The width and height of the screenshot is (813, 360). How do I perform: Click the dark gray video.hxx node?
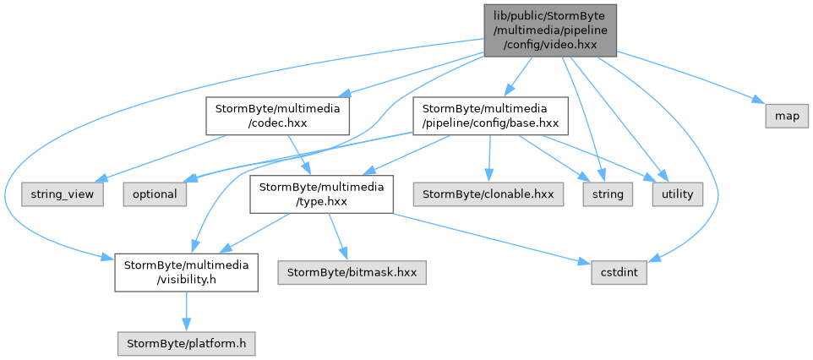pyautogui.click(x=550, y=30)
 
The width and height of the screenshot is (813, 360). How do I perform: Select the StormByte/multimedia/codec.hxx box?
pyautogui.click(x=277, y=116)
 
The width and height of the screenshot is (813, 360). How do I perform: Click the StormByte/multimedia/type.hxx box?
pyautogui.click(x=321, y=194)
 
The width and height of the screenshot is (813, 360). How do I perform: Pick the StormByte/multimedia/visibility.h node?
pyautogui.click(x=186, y=272)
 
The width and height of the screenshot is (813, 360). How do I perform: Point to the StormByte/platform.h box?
pyautogui.click(x=186, y=343)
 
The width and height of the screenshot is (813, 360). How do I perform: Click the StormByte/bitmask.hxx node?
pyautogui.click(x=352, y=273)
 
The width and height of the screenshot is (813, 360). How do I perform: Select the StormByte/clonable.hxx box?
pyautogui.click(x=488, y=194)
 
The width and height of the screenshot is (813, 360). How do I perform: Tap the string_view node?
pyautogui.click(x=63, y=194)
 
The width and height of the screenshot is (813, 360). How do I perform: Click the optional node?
pyautogui.click(x=155, y=194)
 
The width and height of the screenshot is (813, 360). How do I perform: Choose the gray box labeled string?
pyautogui.click(x=608, y=194)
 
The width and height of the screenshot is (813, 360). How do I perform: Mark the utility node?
pyautogui.click(x=678, y=194)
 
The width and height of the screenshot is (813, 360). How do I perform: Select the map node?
pyautogui.click(x=787, y=117)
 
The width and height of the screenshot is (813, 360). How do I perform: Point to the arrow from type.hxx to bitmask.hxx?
pyautogui.click(x=338, y=237)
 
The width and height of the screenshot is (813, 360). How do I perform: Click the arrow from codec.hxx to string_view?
pyautogui.click(x=162, y=159)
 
